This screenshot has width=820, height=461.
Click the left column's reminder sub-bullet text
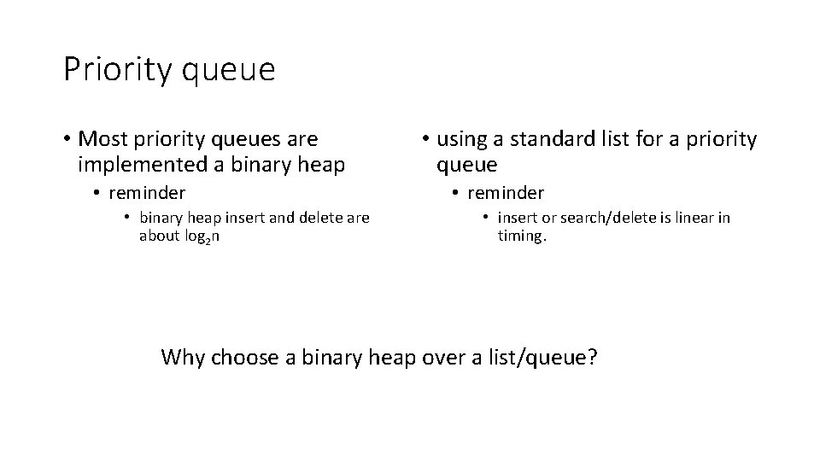coord(147,193)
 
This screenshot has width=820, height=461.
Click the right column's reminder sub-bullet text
coord(506,193)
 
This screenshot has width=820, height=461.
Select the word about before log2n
coord(158,236)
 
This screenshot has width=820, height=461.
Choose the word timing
coord(522,236)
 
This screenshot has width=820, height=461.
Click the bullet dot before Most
coord(66,139)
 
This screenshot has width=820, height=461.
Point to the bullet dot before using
coord(425,139)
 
